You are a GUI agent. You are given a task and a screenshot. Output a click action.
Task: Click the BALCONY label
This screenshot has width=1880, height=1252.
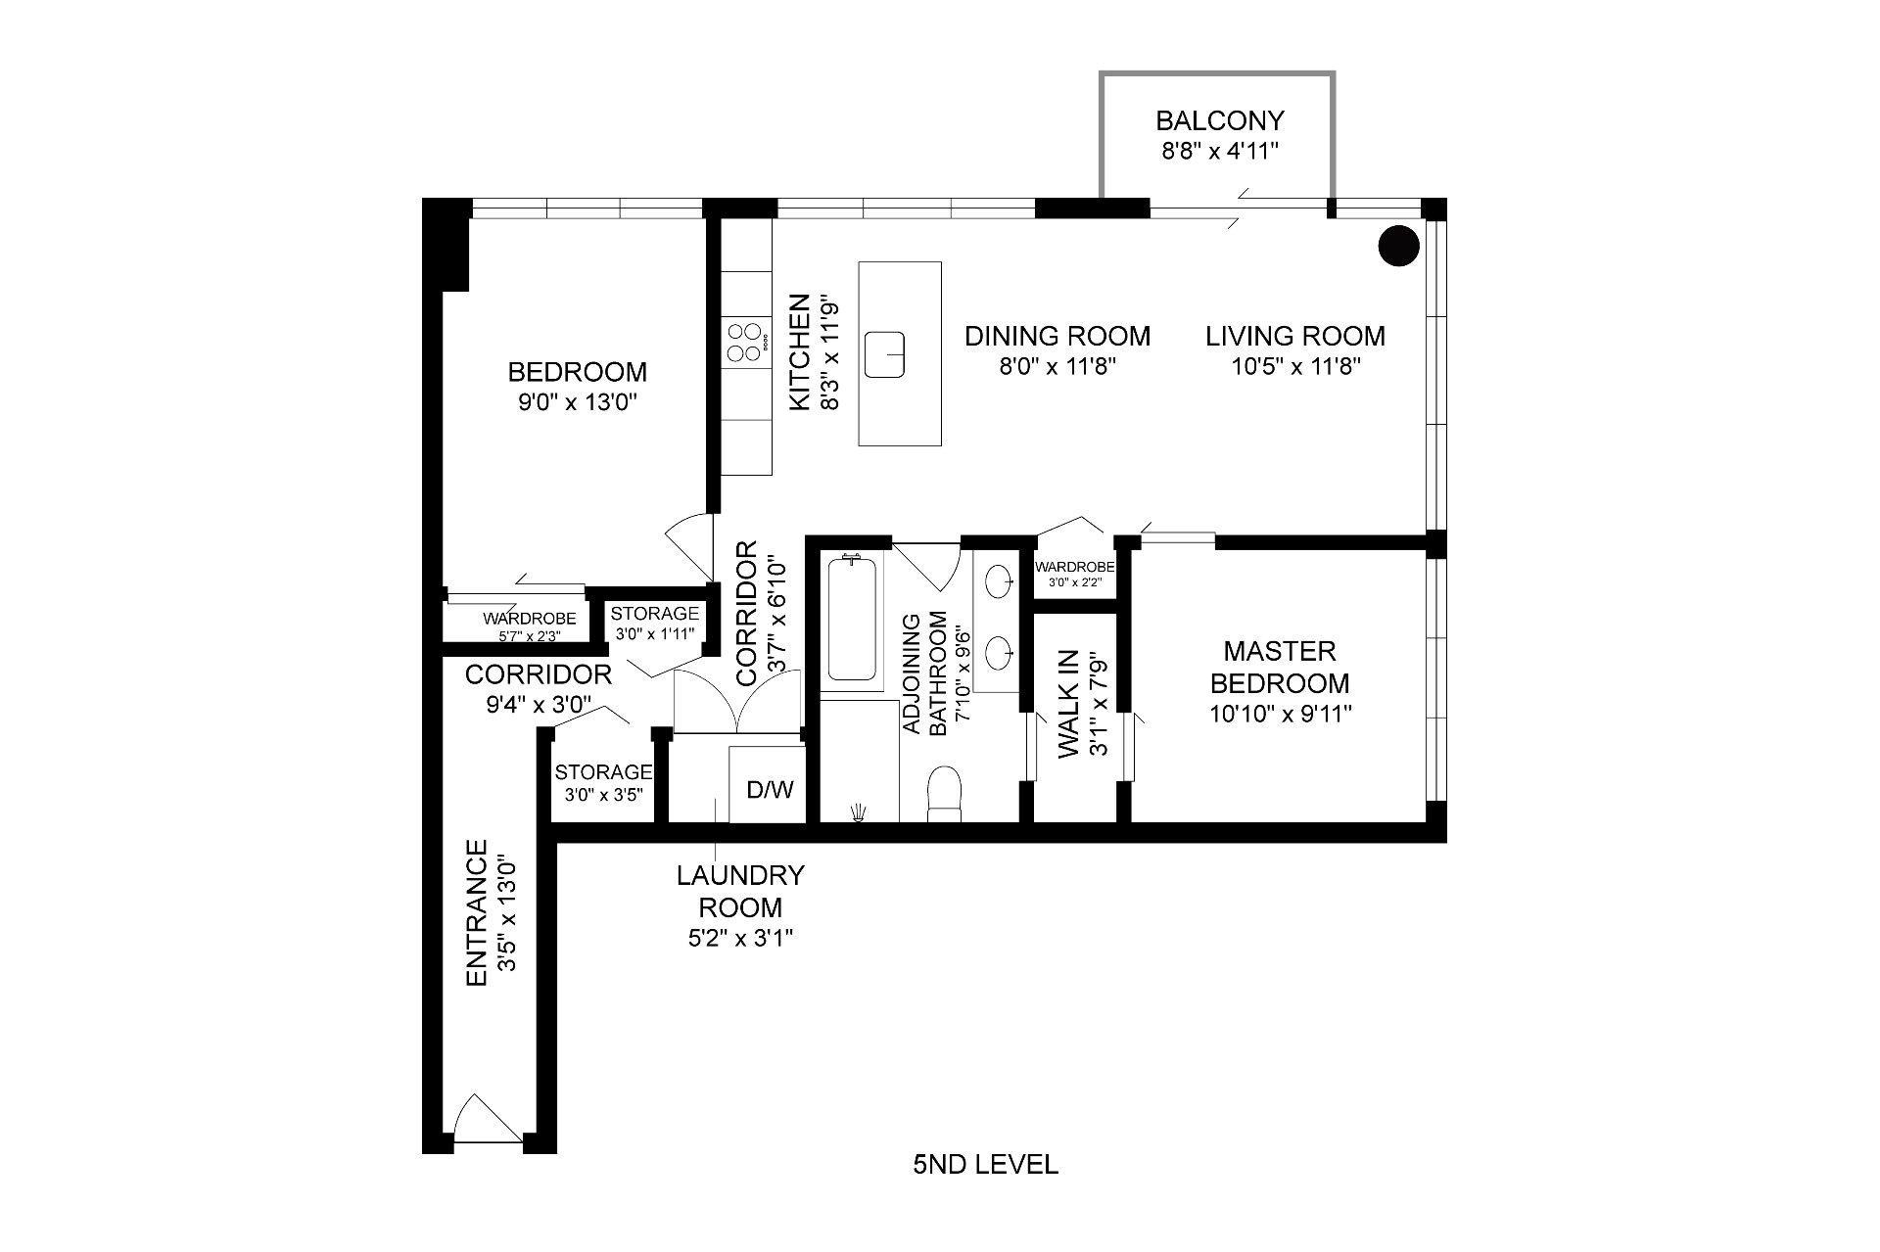click(1219, 120)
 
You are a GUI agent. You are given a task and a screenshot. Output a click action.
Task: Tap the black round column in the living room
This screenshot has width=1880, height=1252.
click(1398, 247)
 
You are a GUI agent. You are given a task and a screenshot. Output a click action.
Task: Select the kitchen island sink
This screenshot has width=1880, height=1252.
click(885, 353)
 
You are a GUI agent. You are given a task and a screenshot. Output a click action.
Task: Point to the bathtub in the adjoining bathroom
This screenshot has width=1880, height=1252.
click(852, 620)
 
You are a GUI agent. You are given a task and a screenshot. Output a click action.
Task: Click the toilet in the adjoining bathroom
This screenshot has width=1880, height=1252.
click(945, 793)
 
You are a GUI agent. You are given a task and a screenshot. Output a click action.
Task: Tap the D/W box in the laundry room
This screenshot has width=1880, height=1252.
click(770, 789)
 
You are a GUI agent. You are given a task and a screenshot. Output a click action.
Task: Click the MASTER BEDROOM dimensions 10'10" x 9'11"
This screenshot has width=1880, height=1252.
click(1280, 715)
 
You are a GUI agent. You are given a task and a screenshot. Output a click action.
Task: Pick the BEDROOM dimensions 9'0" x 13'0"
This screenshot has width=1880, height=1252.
click(578, 402)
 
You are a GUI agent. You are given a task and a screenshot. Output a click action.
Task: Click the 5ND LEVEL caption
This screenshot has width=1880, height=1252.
click(985, 1165)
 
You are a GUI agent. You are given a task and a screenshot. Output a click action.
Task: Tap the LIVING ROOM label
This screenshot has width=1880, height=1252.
click(1294, 336)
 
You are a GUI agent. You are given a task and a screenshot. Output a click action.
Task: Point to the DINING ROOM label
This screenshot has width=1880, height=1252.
click(1057, 336)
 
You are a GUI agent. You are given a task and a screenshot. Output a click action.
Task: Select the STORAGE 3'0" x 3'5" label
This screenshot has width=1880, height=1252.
click(603, 782)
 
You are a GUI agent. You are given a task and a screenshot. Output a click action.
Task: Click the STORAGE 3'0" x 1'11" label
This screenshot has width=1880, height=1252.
click(654, 622)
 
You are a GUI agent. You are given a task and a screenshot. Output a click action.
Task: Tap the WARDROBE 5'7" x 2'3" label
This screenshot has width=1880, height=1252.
click(529, 626)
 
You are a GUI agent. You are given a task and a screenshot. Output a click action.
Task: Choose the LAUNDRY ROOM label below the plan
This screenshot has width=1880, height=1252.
click(740, 890)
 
